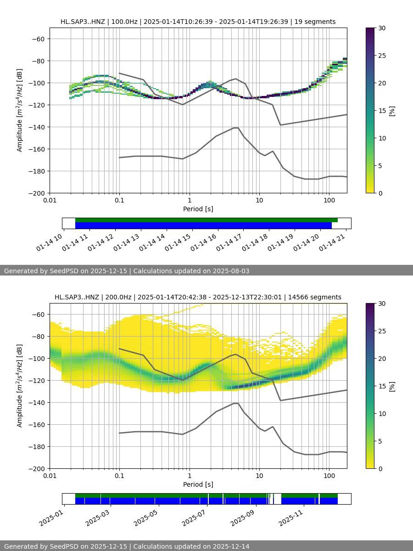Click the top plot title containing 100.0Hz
[x=198, y=22]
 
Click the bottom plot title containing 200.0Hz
[x=198, y=297]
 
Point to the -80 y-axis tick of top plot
[x=38, y=61]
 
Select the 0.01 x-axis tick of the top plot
[x=50, y=200]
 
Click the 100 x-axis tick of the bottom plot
[x=329, y=476]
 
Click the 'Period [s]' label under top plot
[x=198, y=209]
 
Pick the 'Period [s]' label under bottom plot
[x=198, y=484]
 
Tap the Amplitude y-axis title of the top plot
[x=19, y=110]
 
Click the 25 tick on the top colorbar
[x=381, y=56]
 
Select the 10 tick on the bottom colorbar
[x=381, y=413]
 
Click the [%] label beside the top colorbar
[x=392, y=111]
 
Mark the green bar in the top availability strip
[x=206, y=220]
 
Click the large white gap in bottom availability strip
[x=277, y=499]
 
